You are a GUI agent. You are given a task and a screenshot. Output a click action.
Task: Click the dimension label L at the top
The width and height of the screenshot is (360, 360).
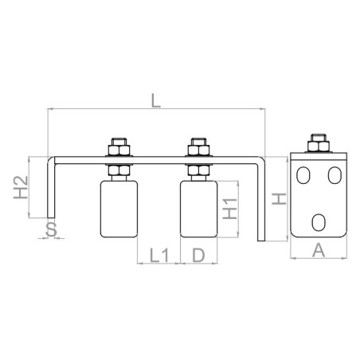(x=156, y=101)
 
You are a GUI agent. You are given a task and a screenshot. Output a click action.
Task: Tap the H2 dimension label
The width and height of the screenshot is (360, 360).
(x=21, y=187)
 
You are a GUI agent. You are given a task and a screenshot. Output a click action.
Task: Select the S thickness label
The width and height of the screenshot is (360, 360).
(x=52, y=229)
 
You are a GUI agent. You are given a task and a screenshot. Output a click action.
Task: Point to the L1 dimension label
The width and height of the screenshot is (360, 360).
(x=159, y=256)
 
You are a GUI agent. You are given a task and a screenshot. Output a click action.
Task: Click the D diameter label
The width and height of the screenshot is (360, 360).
(x=198, y=256)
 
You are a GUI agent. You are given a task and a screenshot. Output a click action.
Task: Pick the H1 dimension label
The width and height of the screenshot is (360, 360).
(x=230, y=209)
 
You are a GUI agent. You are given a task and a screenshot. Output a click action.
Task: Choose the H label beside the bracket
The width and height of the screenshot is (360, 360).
(x=279, y=199)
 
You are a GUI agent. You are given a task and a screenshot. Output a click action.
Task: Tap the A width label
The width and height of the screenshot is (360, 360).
(x=319, y=250)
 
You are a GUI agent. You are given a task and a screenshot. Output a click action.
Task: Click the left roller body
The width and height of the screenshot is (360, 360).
(x=119, y=209)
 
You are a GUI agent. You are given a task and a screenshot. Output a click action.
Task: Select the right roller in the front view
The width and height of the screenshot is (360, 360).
(x=198, y=209)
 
